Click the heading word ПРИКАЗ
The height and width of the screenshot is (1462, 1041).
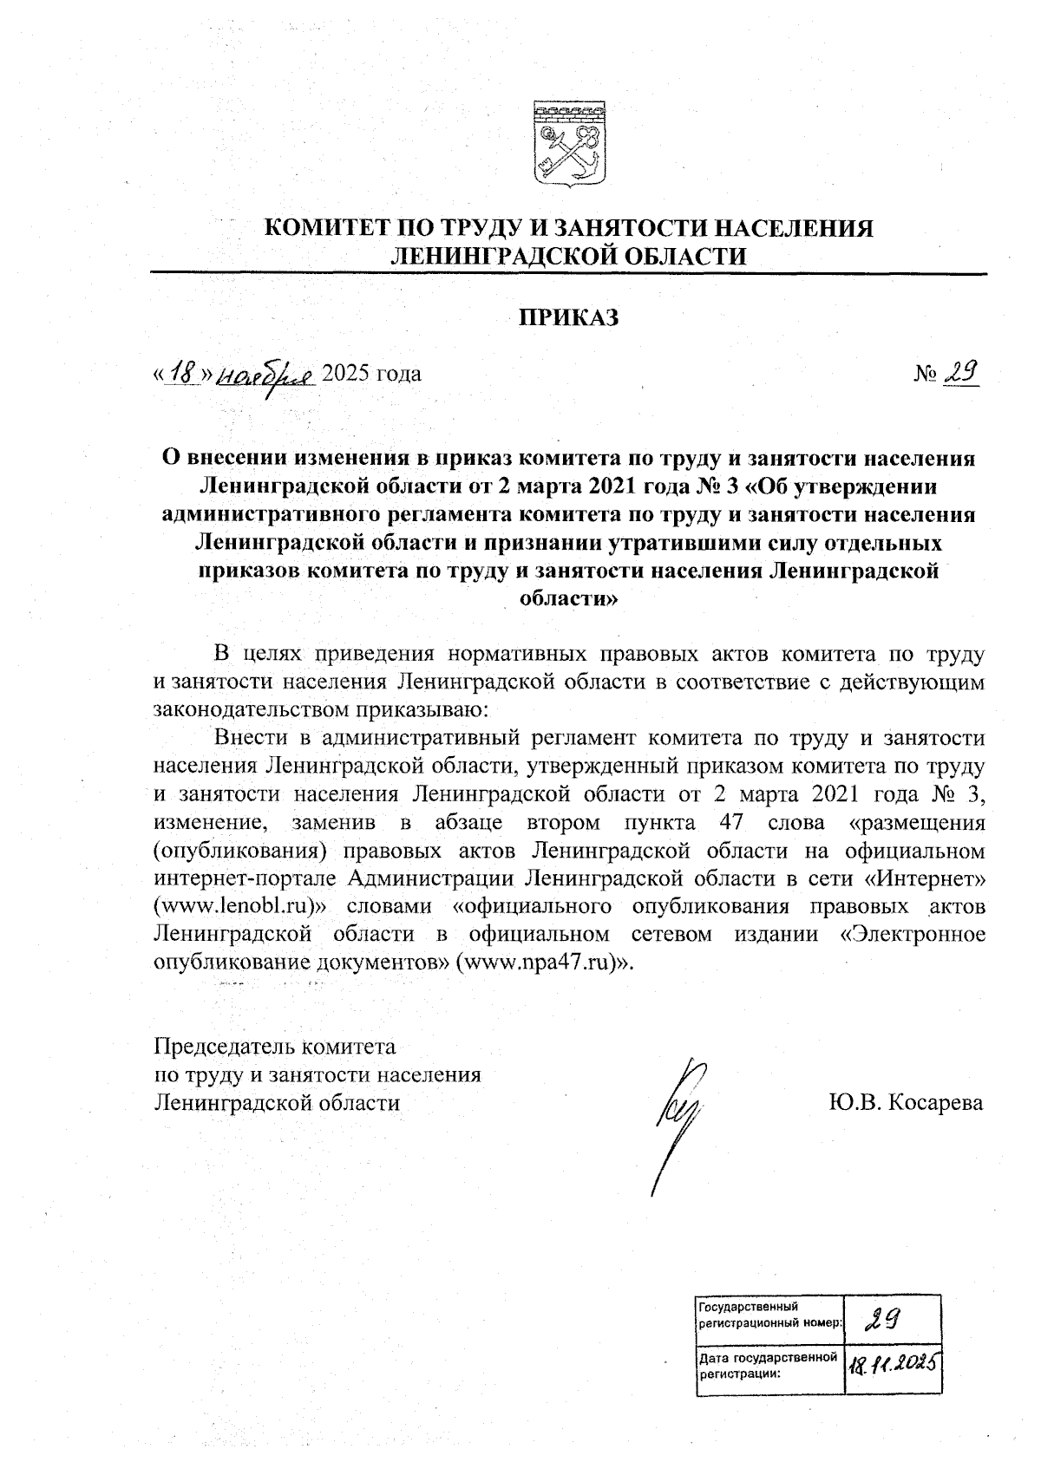[x=569, y=318]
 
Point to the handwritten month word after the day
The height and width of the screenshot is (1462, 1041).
[x=265, y=375]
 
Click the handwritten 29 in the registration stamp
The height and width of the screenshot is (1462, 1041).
[x=881, y=1322]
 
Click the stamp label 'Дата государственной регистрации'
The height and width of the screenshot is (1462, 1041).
[x=769, y=1366]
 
